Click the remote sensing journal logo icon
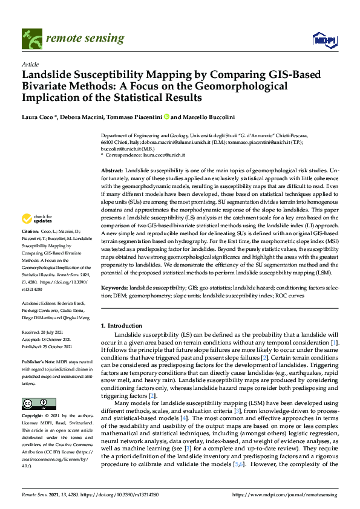coord(30,38)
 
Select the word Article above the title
coord(30,63)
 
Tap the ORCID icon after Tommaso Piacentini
coord(166,117)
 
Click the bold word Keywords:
coord(115,289)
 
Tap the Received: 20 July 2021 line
coord(44,332)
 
